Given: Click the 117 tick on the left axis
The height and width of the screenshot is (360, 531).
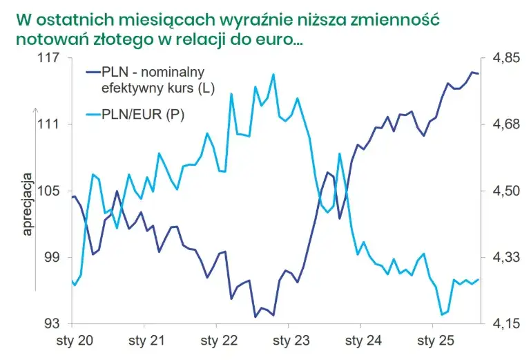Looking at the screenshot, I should (48, 58).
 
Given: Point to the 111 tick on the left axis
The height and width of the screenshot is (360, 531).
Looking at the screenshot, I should (48, 124).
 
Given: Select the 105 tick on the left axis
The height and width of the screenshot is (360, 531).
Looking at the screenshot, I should (48, 191).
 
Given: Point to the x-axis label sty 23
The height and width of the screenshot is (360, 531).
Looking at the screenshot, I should (291, 341).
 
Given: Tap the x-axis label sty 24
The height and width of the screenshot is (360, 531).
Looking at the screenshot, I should (364, 341).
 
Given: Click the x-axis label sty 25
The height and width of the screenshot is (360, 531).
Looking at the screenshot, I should (436, 341).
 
